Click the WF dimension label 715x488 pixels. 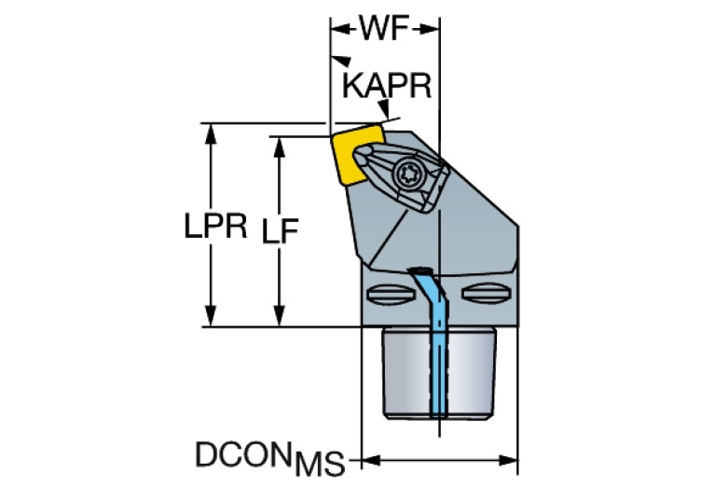click(385, 28)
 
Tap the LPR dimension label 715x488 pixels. click(215, 226)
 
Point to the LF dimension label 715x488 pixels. click(280, 230)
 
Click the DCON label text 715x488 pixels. click(243, 453)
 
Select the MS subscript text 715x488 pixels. click(320, 464)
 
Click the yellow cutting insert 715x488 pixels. click(356, 155)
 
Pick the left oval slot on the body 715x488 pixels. click(391, 294)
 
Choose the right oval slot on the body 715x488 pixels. click(485, 293)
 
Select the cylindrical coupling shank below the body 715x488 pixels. click(438, 373)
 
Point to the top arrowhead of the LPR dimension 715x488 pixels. click(211, 133)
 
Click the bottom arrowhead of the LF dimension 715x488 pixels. click(280, 316)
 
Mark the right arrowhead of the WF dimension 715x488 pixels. click(429, 29)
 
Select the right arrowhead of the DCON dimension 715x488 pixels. click(507, 460)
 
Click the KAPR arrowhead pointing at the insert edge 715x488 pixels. click(384, 109)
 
